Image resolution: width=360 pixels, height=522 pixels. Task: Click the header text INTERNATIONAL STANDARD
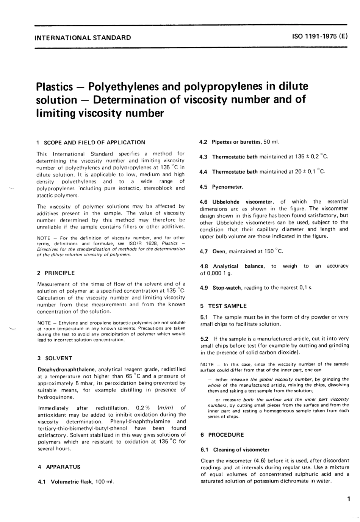tap(83, 38)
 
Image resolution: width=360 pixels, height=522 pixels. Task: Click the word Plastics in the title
tap(54, 86)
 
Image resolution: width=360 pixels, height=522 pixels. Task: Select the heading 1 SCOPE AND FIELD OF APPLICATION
tap(91, 143)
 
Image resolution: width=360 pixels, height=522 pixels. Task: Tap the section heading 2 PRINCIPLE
tap(56, 273)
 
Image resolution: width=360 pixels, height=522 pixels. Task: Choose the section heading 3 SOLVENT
tap(55, 358)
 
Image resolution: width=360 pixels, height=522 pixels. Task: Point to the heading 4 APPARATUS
tap(59, 467)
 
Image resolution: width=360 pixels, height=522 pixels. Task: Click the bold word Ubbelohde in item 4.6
tap(226, 202)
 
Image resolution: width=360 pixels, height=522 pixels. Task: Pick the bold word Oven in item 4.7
tap(219, 251)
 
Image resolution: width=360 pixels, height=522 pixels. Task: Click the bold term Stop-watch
tap(227, 288)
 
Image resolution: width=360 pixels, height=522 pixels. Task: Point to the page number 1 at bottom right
tap(347, 499)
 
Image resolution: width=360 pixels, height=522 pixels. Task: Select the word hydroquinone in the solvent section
tap(56, 397)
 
